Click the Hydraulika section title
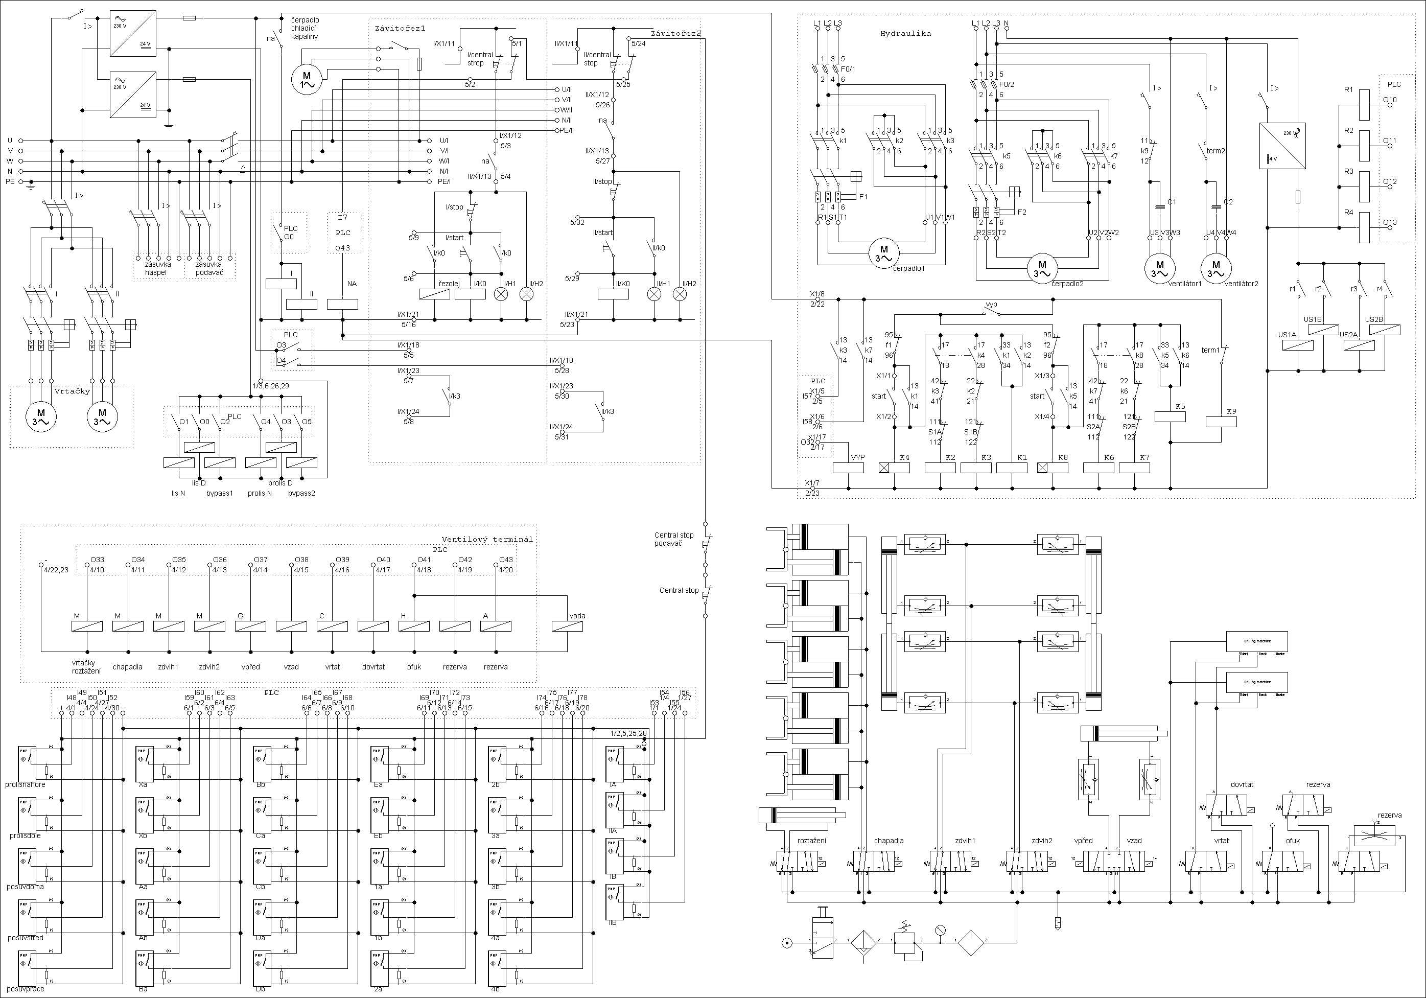click(905, 34)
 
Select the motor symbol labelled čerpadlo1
click(883, 253)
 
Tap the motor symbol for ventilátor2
click(1215, 268)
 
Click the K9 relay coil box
click(1221, 422)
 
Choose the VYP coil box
click(848, 468)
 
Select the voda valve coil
click(568, 626)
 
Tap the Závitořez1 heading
click(400, 29)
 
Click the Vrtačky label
click(72, 391)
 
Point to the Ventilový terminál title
click(487, 539)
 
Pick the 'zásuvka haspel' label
click(155, 268)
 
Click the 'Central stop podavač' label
click(674, 539)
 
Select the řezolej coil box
click(435, 294)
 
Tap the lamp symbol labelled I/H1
click(501, 294)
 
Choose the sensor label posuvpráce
click(26, 989)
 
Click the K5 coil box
click(1170, 416)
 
